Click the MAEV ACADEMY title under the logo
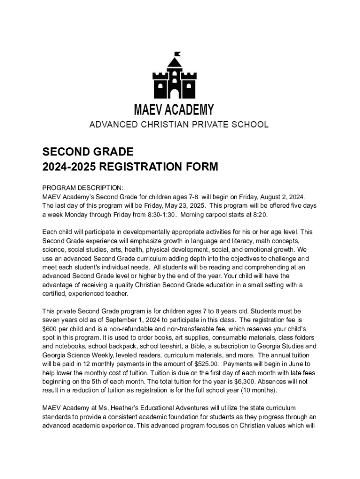tap(174, 110)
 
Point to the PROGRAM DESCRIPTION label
tap(76, 188)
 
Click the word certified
tap(55, 294)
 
